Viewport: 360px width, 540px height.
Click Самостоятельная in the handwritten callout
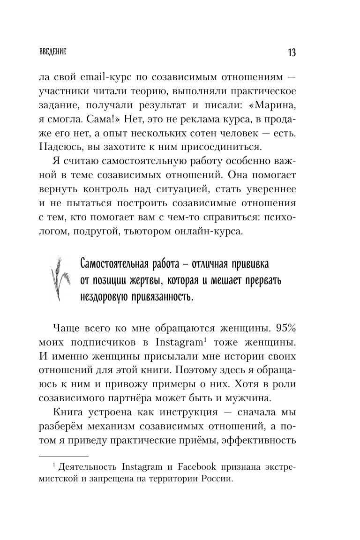coord(111,263)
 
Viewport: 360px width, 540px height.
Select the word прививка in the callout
coord(247,263)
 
